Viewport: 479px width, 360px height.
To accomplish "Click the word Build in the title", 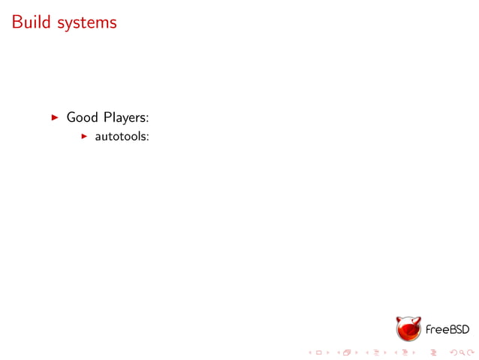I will click(x=30, y=23).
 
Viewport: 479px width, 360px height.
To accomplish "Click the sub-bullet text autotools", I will click(x=121, y=137).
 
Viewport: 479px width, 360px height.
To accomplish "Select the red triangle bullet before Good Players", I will click(x=54, y=117).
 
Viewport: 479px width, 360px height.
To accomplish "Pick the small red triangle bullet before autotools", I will click(x=85, y=137).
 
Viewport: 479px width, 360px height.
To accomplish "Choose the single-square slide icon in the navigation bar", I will click(x=319, y=352).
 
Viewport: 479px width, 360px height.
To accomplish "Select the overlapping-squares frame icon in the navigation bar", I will click(x=347, y=352).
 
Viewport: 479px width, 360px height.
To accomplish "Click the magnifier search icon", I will click(x=462, y=352).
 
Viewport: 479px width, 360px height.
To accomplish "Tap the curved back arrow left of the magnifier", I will click(x=453, y=352).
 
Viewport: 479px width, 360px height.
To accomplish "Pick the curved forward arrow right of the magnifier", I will click(x=471, y=352).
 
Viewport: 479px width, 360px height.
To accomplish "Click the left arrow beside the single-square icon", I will click(x=310, y=352).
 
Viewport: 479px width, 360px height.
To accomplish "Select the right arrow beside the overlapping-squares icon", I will click(x=356, y=352).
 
